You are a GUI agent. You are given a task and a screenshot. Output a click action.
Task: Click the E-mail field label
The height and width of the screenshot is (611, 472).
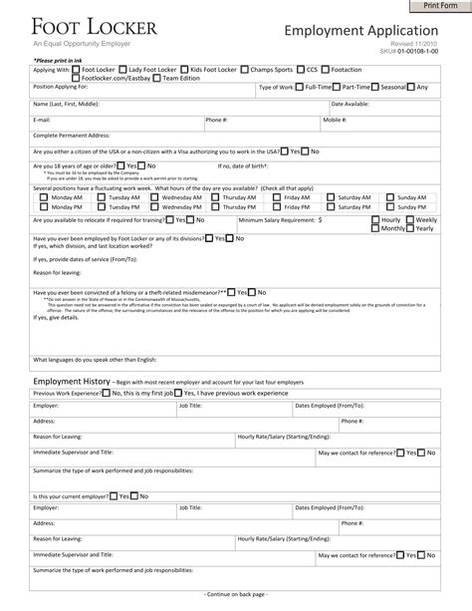click(x=42, y=120)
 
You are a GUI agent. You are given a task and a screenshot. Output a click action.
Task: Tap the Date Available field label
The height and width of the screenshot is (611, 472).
click(x=350, y=104)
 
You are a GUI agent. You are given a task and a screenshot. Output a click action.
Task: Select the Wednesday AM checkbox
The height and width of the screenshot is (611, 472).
click(x=157, y=198)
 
